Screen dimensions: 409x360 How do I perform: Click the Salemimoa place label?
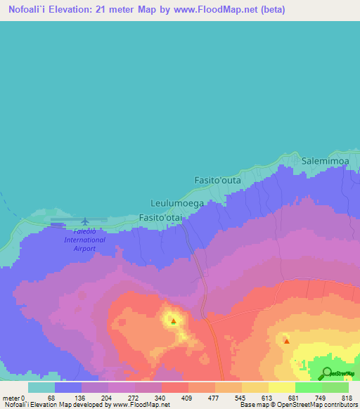coord(325,161)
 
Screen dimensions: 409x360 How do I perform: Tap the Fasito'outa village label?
coord(217,181)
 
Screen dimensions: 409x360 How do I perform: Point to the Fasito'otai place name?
coord(160,218)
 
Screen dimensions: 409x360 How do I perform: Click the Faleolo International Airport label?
coord(84,240)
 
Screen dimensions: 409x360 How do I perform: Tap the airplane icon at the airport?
coord(85,222)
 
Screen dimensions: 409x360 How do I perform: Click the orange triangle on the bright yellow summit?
coord(174,321)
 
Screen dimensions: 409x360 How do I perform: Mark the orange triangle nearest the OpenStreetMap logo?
coord(286,341)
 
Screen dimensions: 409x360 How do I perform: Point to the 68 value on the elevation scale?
coord(51,398)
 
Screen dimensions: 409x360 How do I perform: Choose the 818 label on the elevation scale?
coord(346,398)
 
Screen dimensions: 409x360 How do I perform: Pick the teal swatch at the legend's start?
coord(41,387)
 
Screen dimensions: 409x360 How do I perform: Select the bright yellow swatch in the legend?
coord(281,387)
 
